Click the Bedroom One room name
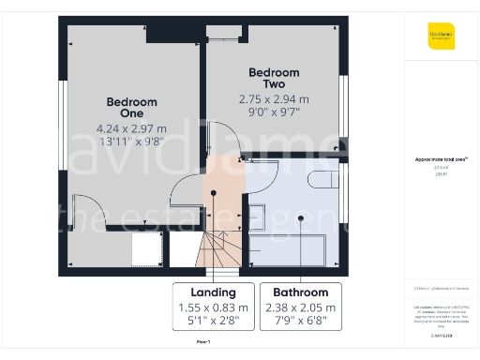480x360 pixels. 131,108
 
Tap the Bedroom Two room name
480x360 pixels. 274,78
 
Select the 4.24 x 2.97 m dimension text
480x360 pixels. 131,128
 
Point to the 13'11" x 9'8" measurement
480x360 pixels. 131,143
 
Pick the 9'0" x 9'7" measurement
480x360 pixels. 274,111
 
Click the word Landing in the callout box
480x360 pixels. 213,292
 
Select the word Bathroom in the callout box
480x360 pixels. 300,292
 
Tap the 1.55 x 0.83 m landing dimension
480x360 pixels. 213,307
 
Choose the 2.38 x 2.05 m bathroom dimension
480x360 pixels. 300,307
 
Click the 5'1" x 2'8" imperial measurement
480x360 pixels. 213,321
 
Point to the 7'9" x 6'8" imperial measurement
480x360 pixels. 300,321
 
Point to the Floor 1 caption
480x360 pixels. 202,343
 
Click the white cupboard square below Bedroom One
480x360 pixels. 146,249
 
